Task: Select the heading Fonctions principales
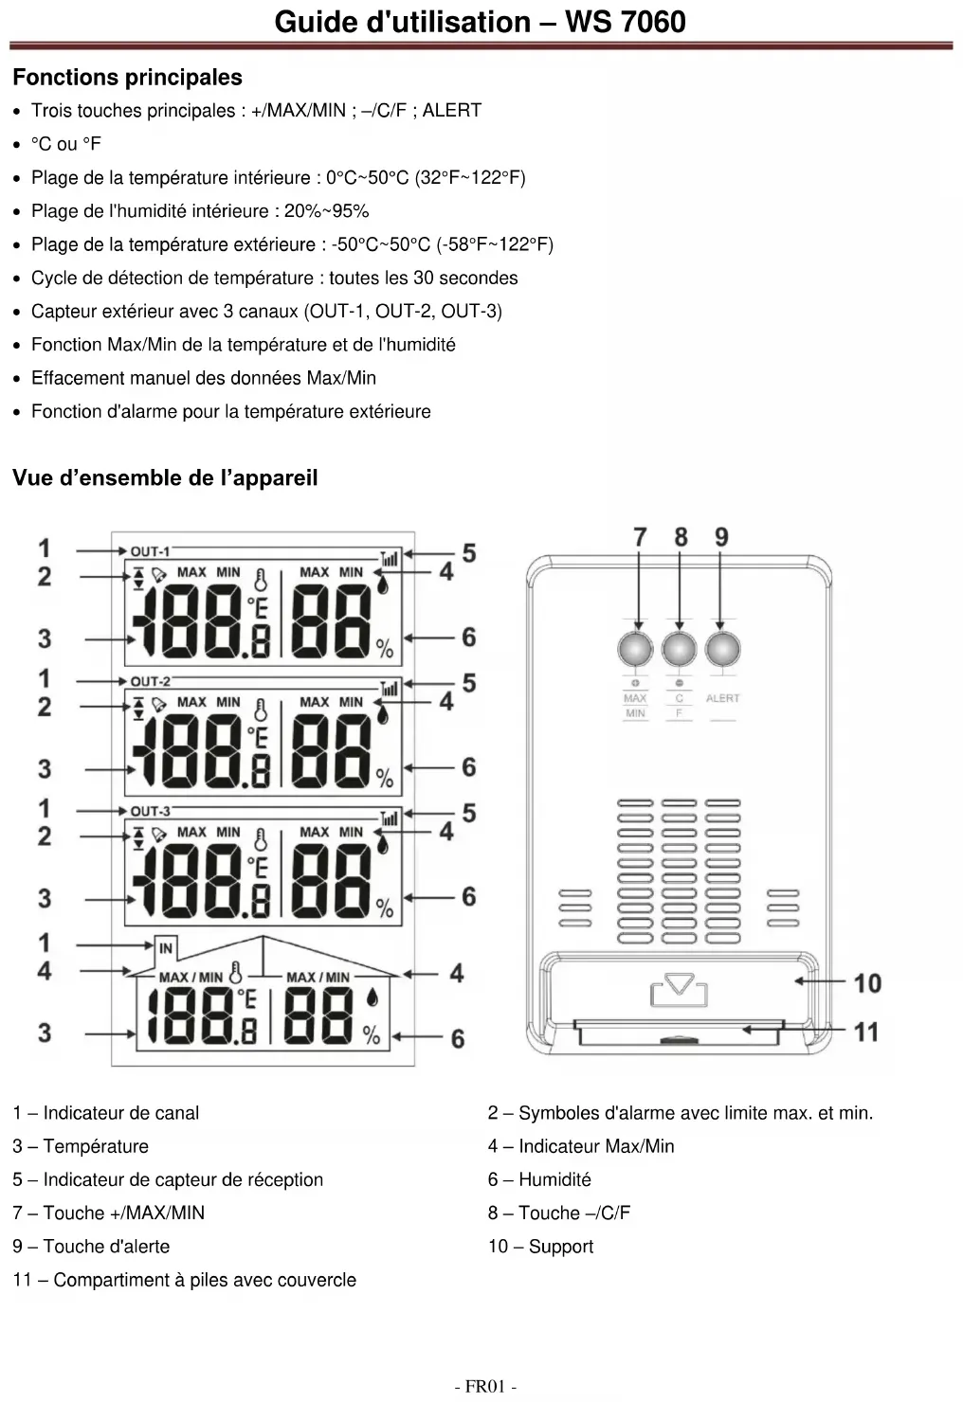(x=127, y=78)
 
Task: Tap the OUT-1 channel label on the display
(x=150, y=551)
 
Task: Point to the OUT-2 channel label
(x=150, y=681)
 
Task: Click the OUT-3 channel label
(x=150, y=811)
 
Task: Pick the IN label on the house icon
(x=166, y=947)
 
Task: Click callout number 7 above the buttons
(x=640, y=537)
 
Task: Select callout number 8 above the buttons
(x=681, y=537)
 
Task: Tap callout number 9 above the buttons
(x=721, y=537)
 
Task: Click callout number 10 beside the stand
(x=867, y=983)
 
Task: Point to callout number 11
(x=866, y=1032)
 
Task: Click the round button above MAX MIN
(x=635, y=650)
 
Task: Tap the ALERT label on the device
(x=722, y=698)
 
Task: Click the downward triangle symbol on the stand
(x=680, y=985)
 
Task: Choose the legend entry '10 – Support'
(x=540, y=1247)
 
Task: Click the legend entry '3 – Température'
(x=81, y=1146)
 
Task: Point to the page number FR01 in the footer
(x=485, y=1387)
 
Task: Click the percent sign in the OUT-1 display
(x=384, y=648)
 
